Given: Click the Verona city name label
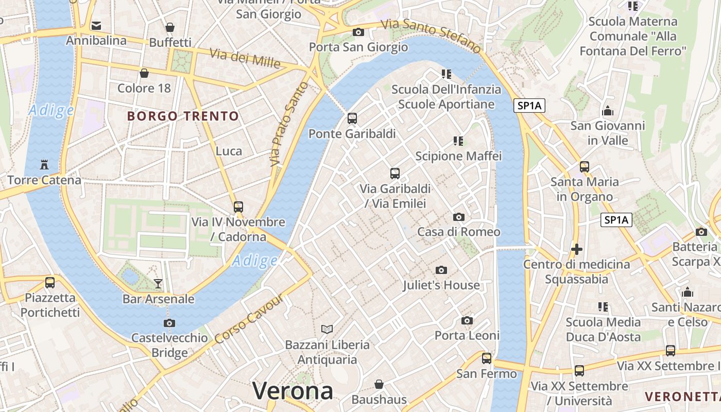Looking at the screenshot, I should tap(293, 391).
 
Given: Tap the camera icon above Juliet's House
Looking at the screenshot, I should tap(441, 270).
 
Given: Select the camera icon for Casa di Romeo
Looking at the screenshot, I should tap(458, 217).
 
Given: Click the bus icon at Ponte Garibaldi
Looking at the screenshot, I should tap(352, 118).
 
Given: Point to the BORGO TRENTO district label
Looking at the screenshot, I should tap(183, 116).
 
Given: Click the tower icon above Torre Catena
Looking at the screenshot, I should tap(44, 165).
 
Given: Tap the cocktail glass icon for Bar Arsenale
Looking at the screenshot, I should tap(158, 283).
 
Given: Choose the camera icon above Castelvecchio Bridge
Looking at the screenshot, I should tap(169, 323).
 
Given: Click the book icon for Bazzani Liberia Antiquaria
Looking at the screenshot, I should tap(327, 329).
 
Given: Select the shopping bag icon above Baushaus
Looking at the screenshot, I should tap(379, 384).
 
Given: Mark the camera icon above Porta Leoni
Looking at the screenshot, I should tap(467, 320).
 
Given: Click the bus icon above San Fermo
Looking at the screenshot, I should tap(487, 358).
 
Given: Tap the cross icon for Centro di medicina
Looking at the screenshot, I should tap(577, 249).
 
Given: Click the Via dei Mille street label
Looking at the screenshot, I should tap(245, 58).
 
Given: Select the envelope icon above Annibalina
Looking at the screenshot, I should tap(96, 25).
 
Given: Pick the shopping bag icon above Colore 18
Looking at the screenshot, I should tap(144, 73).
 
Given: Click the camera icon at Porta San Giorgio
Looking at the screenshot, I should tap(358, 32).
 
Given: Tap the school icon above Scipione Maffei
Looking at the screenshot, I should tap(458, 141).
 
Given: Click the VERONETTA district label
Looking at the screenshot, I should tap(682, 397).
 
